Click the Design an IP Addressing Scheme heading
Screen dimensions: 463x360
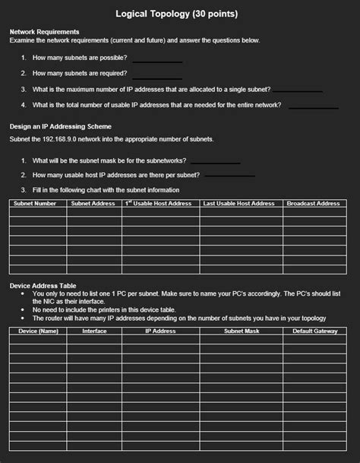pos(61,125)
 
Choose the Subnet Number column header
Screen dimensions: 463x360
pos(36,204)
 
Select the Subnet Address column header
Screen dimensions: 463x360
pos(93,204)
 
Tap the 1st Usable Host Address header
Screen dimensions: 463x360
pos(159,204)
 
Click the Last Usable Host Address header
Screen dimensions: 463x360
pos(239,204)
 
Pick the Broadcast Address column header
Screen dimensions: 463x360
pos(313,204)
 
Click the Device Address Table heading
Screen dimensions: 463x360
pos(42,286)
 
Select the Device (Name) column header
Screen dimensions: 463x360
pos(38,331)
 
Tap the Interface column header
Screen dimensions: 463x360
pos(94,331)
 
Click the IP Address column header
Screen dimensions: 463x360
pos(160,331)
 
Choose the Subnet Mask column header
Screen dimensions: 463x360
pos(242,331)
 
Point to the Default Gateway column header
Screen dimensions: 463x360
pos(315,331)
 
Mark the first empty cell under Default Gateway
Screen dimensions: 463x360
pos(315,340)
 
